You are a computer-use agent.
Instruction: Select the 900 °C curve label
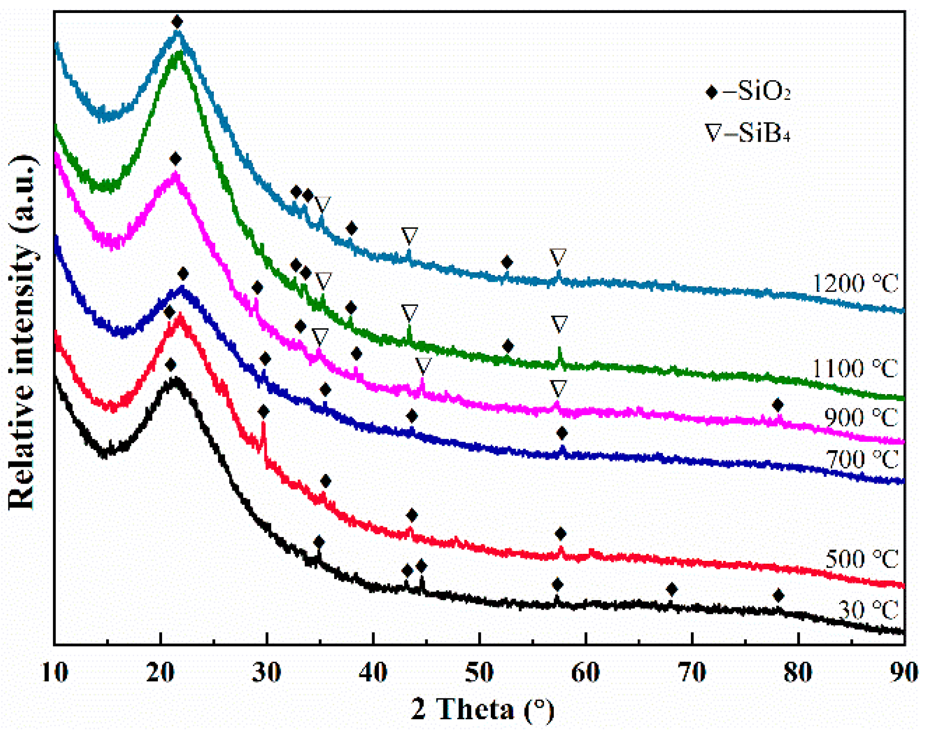pyautogui.click(x=861, y=417)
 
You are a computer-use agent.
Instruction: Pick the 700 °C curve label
pyautogui.click(x=863, y=459)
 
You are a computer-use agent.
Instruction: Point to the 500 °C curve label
pyautogui.click(x=862, y=559)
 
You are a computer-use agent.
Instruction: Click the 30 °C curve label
pyautogui.click(x=869, y=610)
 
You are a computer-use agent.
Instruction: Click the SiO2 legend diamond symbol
pyautogui.click(x=711, y=92)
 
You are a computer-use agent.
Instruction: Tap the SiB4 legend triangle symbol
pyautogui.click(x=713, y=133)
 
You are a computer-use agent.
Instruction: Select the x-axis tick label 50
pyautogui.click(x=479, y=672)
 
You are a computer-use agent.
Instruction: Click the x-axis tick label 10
pyautogui.click(x=55, y=672)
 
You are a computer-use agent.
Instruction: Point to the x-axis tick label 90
pyautogui.click(x=904, y=672)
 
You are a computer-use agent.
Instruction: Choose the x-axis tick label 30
pyautogui.click(x=266, y=672)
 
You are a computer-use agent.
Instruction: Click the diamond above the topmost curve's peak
pyautogui.click(x=177, y=21)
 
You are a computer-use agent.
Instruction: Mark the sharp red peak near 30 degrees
pyautogui.click(x=263, y=426)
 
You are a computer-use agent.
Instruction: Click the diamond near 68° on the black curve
pyautogui.click(x=672, y=589)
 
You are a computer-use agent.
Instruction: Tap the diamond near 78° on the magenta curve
pyautogui.click(x=777, y=405)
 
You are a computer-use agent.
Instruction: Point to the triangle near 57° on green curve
pyautogui.click(x=559, y=323)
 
